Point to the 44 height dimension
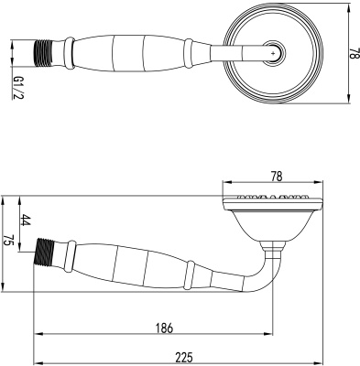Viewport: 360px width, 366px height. pyautogui.click(x=26, y=221)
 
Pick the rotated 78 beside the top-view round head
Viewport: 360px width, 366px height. pyautogui.click(x=352, y=54)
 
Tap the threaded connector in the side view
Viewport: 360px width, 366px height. pyautogui.click(x=45, y=249)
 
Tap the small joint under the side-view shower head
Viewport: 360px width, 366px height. pyautogui.click(x=274, y=245)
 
